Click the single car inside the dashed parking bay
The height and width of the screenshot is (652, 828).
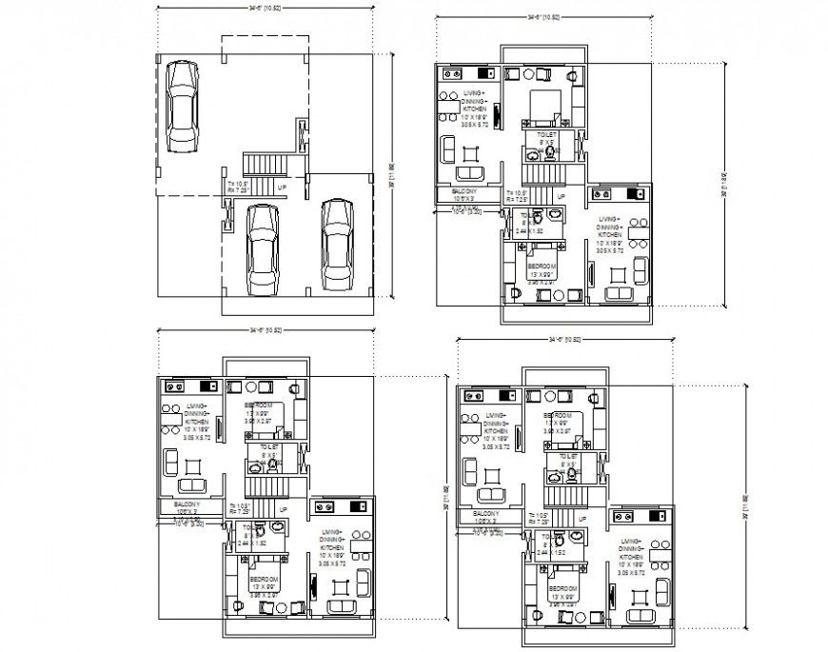pos(182,107)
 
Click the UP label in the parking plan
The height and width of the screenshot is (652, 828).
pos(282,188)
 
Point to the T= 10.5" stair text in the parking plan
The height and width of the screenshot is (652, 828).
pos(239,183)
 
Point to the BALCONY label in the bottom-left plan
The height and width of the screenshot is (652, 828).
pos(187,504)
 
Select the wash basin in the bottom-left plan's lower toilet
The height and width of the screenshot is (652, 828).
pos(276,527)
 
